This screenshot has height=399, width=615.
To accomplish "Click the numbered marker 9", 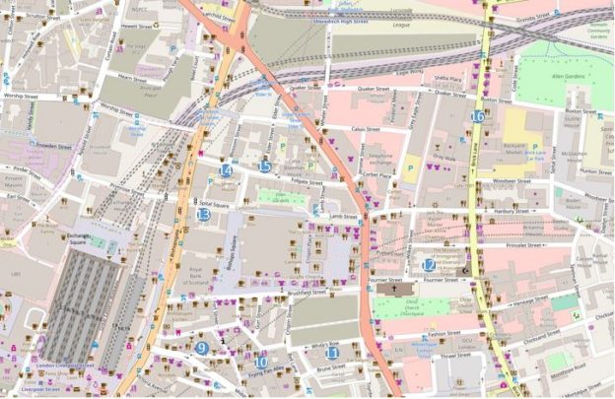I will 201,348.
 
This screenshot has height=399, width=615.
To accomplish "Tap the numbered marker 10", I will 260,362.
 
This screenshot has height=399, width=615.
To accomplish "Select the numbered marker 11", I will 332,353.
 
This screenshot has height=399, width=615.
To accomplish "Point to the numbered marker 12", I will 429,265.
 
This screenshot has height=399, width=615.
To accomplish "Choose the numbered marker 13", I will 203,214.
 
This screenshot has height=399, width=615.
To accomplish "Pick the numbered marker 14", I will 226,170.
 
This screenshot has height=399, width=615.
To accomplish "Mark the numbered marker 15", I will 264,166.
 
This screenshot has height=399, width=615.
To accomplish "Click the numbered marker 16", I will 477,116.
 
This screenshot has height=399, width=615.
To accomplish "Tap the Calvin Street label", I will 373,128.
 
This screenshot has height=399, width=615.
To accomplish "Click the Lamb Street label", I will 344,216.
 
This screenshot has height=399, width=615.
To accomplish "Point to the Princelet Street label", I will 524,245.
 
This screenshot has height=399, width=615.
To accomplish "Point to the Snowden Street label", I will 55,146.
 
